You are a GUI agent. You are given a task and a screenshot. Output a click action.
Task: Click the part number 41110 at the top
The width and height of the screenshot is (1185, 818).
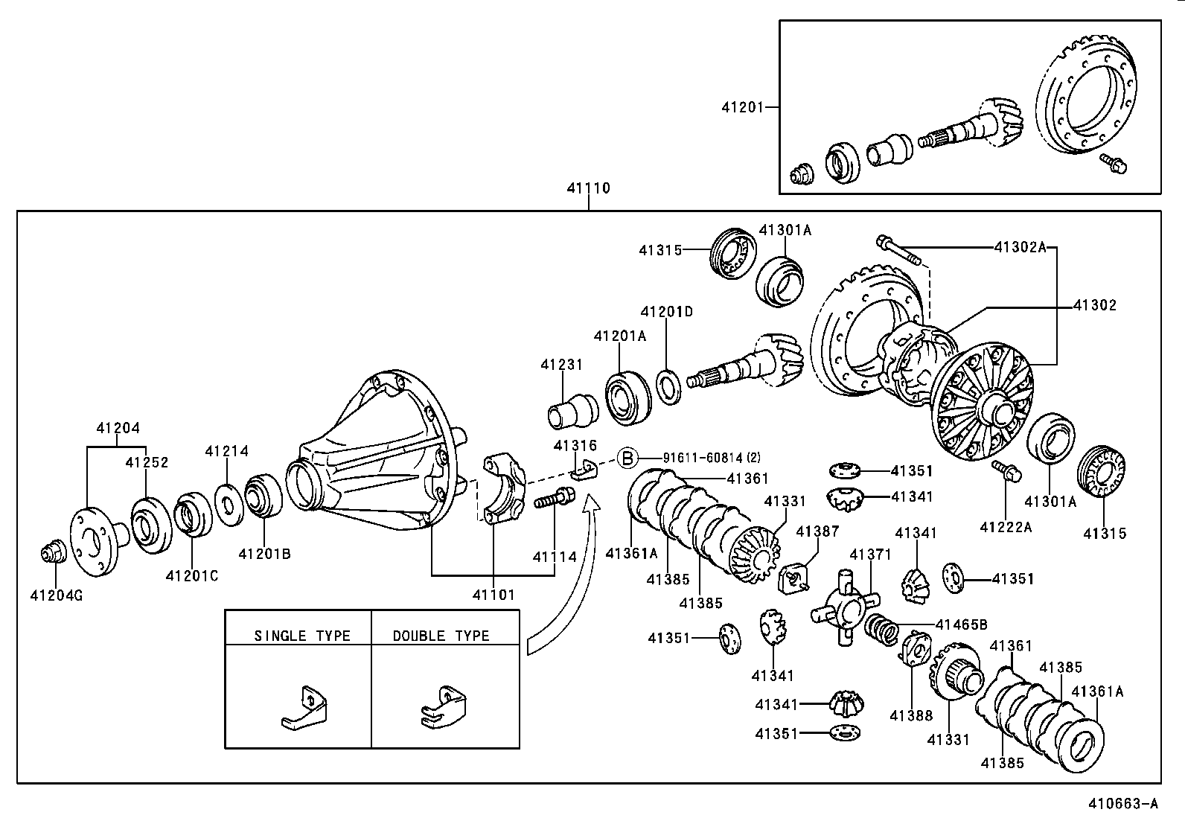[588, 188]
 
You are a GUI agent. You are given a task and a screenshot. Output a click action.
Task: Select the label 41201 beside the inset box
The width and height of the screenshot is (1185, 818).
[742, 107]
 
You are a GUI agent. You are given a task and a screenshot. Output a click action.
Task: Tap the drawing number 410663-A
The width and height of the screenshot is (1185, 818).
[1123, 804]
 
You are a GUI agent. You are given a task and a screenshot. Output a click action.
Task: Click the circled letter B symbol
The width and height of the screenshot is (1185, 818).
[628, 458]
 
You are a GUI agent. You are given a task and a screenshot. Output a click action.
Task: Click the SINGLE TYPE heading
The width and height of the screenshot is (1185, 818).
[302, 636]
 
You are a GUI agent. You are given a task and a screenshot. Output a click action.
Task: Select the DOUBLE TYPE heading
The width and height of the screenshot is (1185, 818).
[441, 636]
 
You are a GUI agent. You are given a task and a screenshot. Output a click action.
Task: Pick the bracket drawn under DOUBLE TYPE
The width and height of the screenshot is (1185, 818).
[443, 707]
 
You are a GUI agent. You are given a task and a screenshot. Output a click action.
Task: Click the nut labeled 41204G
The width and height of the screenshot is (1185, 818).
[51, 555]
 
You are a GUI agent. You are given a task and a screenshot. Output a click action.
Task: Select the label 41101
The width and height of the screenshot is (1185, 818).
[494, 595]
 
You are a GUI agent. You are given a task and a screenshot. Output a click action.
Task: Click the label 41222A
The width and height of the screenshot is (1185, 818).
[1006, 528]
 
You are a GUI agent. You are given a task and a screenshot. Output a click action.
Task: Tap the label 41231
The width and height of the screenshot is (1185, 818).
[562, 365]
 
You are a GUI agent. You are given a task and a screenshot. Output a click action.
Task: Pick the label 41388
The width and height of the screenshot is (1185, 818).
[911, 716]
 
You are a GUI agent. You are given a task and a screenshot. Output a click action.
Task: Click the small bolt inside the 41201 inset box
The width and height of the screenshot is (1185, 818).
[1114, 163]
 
